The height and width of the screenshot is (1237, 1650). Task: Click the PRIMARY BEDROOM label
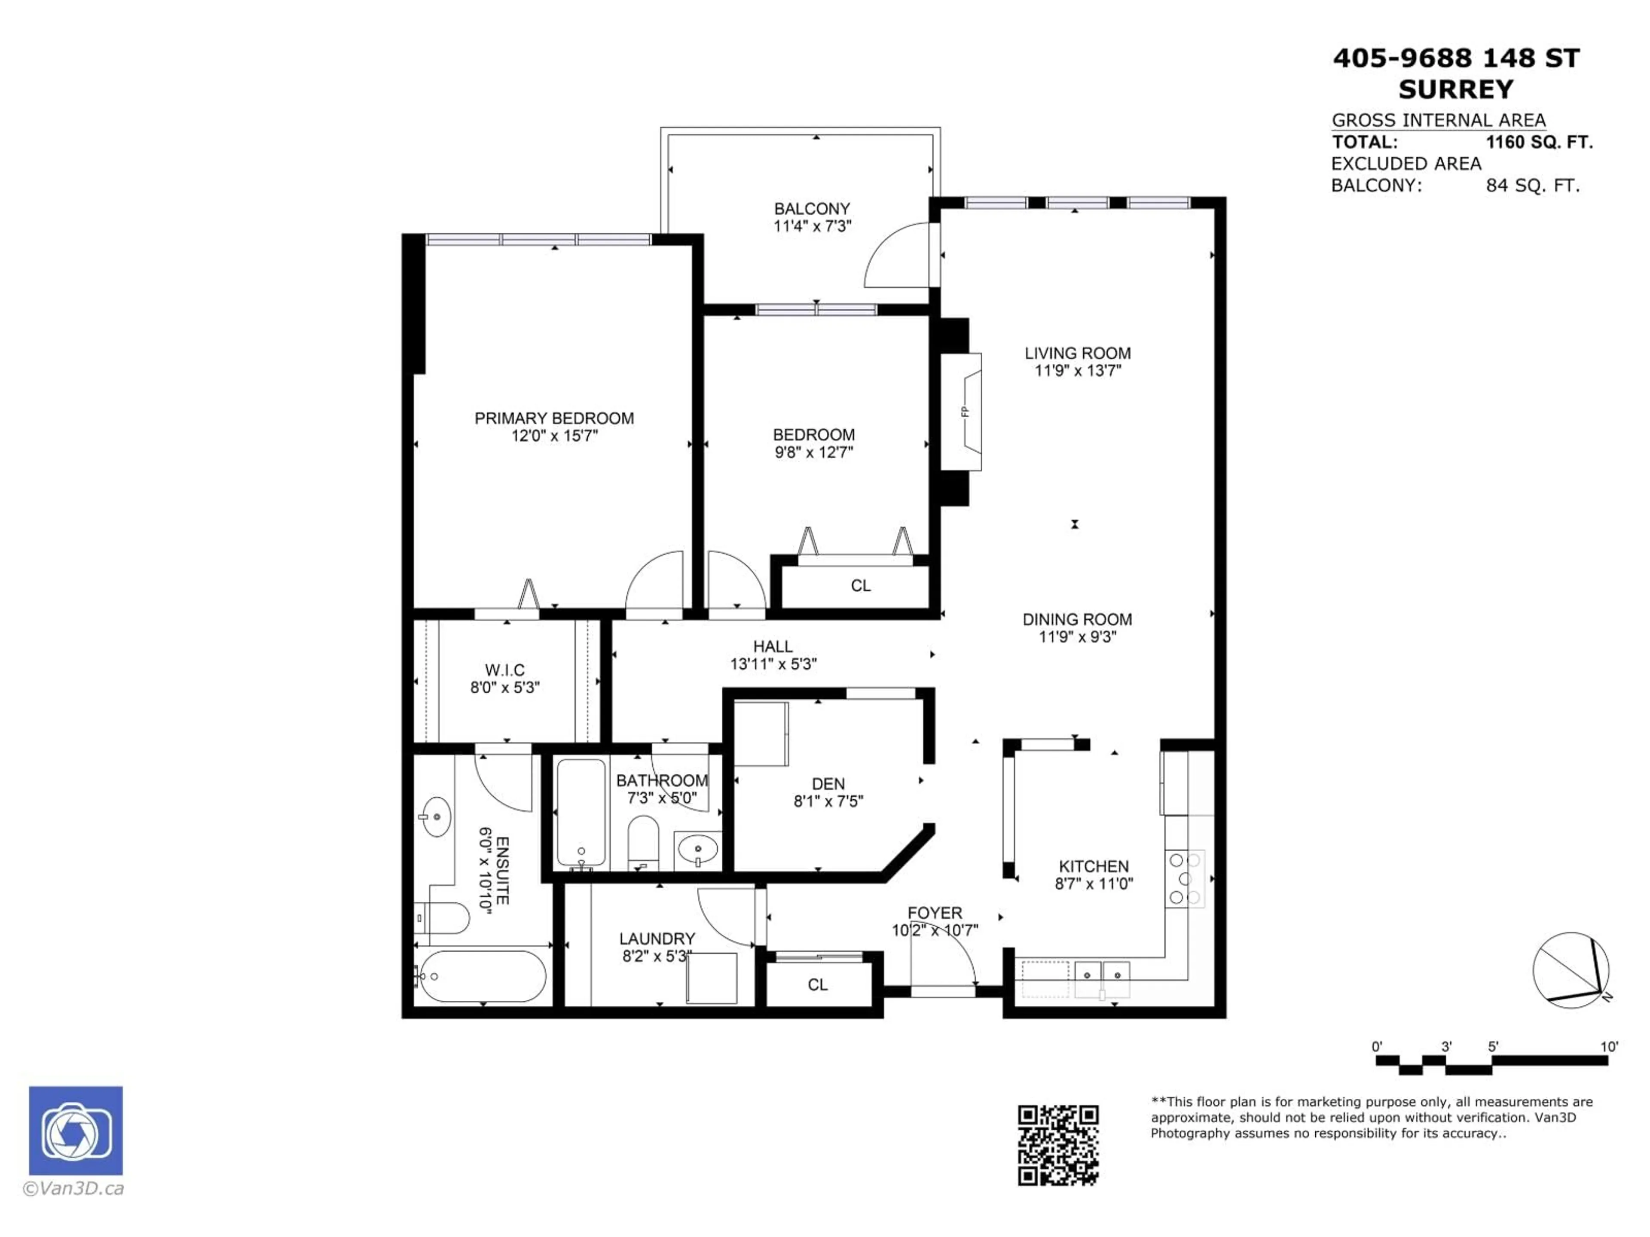(554, 418)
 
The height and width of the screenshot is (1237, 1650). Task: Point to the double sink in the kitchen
(1102, 978)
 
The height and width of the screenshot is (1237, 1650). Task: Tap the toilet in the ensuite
(442, 918)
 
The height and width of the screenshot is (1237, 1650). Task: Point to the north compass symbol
(1570, 970)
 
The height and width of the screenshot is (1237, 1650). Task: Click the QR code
(1058, 1145)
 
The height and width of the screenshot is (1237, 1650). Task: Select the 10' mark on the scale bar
(1609, 1047)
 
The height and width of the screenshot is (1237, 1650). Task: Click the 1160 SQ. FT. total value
(1539, 143)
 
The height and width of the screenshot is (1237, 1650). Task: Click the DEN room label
(828, 784)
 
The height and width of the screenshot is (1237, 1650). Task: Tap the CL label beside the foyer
(818, 984)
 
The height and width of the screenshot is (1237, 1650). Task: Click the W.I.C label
(505, 670)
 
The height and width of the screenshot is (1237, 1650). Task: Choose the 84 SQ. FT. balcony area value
(1532, 186)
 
